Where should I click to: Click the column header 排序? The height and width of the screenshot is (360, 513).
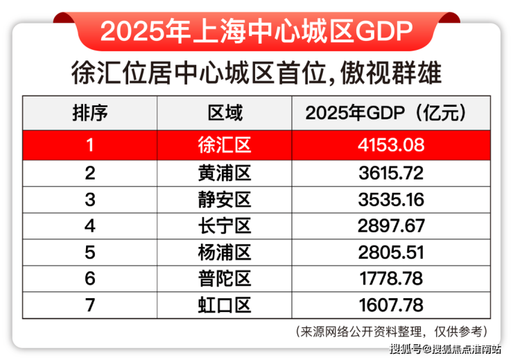90,113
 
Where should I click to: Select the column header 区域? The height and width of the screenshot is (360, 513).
225,113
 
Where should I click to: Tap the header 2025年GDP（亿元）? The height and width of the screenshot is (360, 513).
385,113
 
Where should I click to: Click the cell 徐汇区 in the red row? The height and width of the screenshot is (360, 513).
225,145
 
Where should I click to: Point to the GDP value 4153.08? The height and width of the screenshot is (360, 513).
385,145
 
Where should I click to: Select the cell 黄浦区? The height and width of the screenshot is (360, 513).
225,172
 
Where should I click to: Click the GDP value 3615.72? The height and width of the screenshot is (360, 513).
385,172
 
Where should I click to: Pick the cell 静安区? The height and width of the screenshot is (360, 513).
225,199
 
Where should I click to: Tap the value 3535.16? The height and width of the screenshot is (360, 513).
385,199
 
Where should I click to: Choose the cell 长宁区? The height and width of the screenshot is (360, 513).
225,225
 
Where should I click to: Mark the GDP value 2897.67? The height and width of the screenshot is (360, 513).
385,225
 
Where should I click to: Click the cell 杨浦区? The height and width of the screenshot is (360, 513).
225,252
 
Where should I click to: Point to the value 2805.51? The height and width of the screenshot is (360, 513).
385,252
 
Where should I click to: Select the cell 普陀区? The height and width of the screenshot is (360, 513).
225,278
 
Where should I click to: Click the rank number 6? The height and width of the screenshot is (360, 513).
90,278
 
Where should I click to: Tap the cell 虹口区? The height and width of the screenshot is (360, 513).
225,305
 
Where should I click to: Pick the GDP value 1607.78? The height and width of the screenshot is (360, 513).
385,305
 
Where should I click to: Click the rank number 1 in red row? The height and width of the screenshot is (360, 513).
90,145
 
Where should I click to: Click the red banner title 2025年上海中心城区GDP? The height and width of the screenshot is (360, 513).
256,30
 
